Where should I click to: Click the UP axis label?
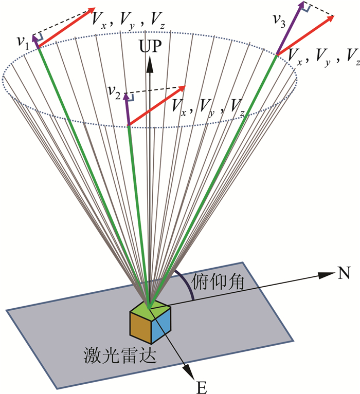tap(150, 47)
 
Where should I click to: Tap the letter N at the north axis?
tap(344, 273)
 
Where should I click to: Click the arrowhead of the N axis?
tap(325, 275)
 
